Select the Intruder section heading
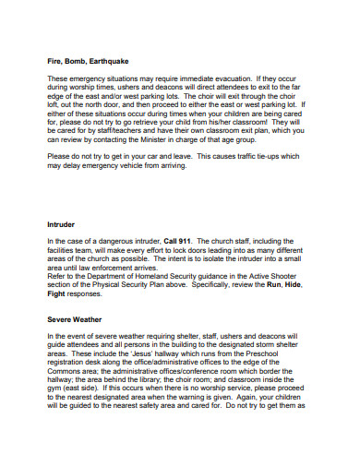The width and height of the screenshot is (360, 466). (62, 224)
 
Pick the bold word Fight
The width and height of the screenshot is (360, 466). (57, 296)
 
